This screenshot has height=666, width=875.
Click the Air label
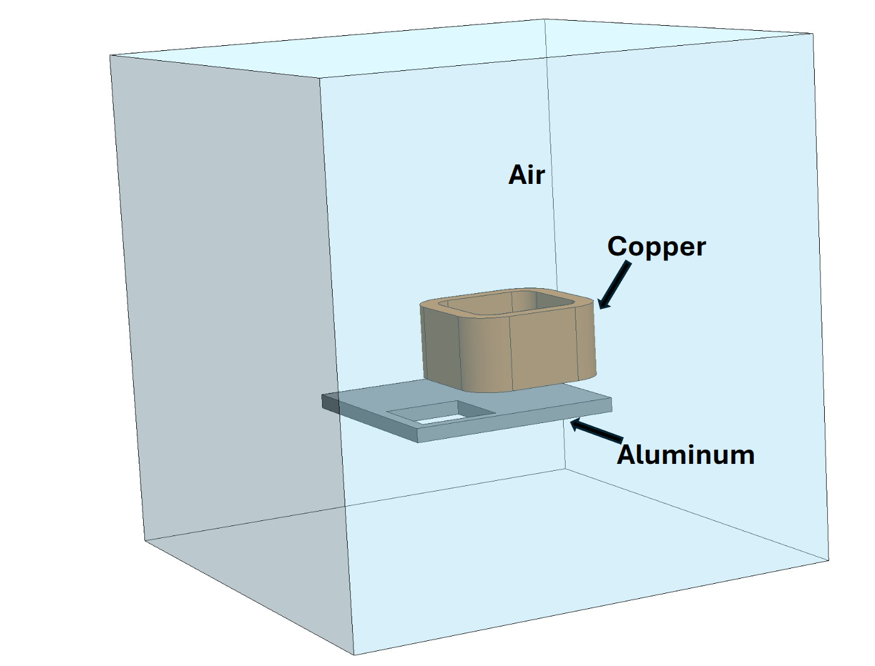[527, 175]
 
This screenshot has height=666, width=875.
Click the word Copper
[656, 247]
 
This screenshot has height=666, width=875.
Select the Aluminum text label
[685, 454]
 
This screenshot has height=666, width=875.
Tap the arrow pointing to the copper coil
[615, 286]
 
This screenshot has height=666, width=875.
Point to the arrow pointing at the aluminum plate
[596, 431]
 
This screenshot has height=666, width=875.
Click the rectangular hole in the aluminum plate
[439, 415]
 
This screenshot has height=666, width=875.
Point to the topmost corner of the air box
[544, 19]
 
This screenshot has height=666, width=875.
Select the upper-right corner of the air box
[813, 34]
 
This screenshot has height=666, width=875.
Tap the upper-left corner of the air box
[110, 55]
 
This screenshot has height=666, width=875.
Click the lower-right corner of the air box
[829, 560]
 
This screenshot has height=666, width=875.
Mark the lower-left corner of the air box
[144, 540]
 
